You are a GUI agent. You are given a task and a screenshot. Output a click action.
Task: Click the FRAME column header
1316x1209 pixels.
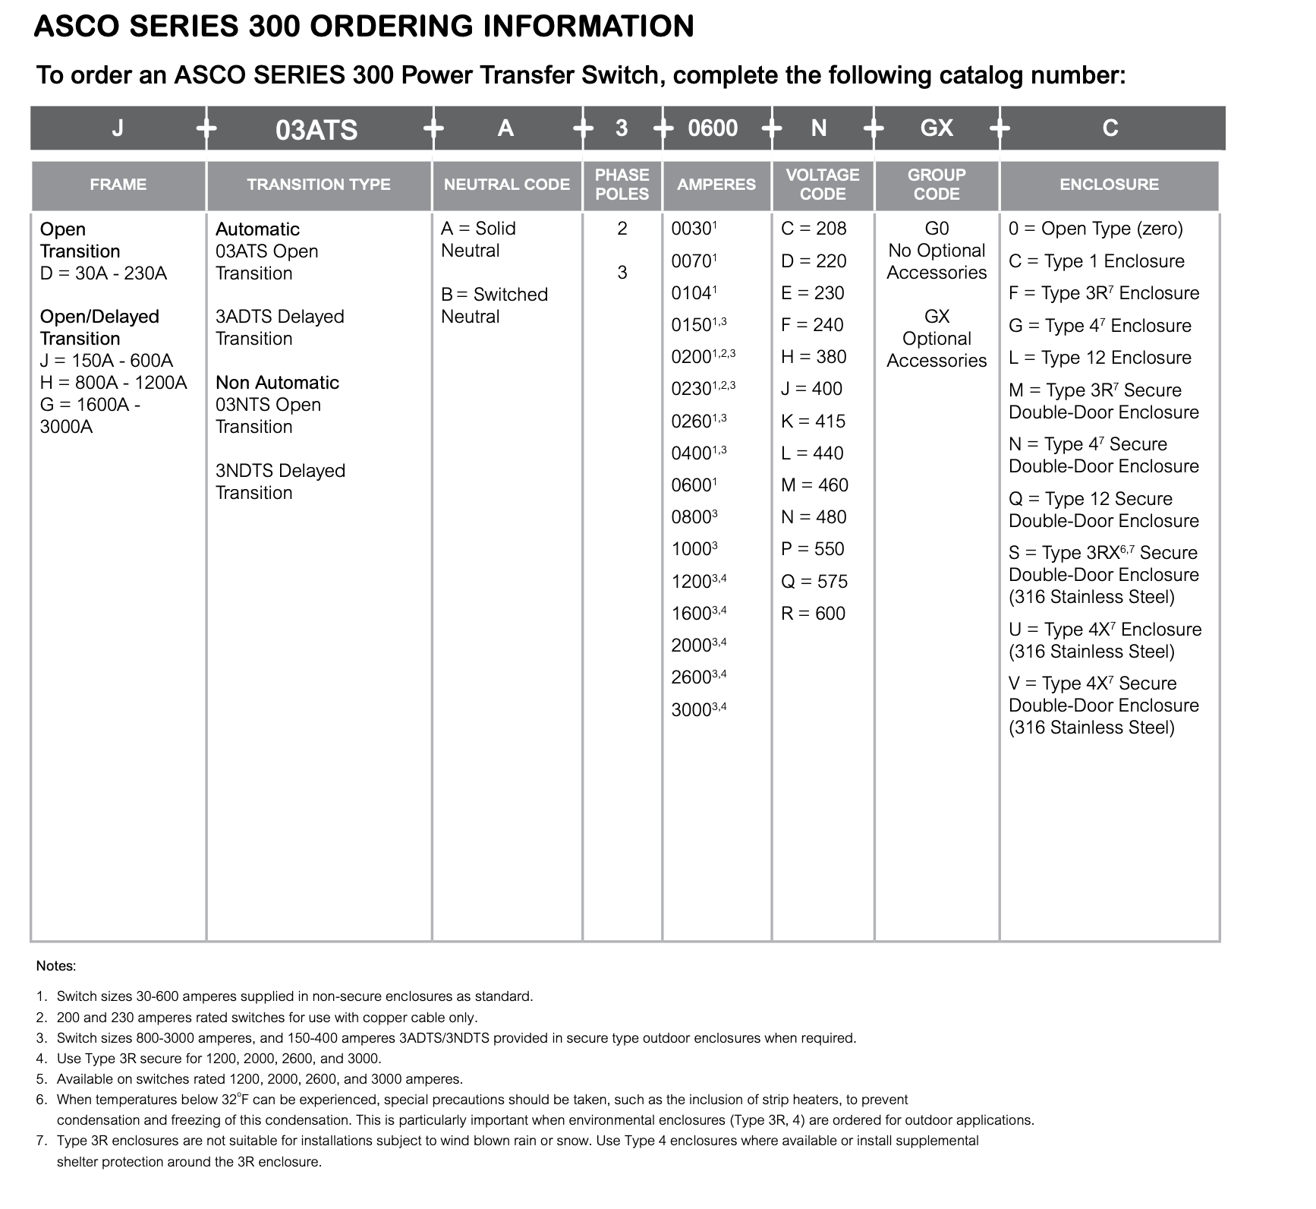pyautogui.click(x=118, y=185)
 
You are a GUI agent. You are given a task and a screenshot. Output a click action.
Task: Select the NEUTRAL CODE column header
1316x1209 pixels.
pyautogui.click(x=506, y=185)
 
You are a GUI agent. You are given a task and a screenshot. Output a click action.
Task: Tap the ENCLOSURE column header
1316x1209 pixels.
pyautogui.click(x=1109, y=185)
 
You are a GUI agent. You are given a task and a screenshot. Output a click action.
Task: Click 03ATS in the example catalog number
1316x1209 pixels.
pyautogui.click(x=316, y=129)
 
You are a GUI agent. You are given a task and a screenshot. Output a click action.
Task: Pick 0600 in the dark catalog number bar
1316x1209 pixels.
pyautogui.click(x=713, y=128)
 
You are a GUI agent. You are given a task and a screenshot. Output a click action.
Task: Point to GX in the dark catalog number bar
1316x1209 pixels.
pyautogui.click(x=937, y=128)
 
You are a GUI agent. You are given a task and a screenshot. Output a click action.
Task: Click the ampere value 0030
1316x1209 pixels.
pyautogui.click(x=691, y=229)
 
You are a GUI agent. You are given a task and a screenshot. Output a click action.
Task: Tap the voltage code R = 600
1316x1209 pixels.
pyautogui.click(x=813, y=614)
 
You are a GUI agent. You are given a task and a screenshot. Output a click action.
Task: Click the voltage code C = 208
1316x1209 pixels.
pyautogui.click(x=814, y=229)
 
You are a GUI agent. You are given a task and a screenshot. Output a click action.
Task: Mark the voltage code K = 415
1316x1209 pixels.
pyautogui.click(x=813, y=421)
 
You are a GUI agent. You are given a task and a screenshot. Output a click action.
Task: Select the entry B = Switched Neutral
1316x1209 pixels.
pyautogui.click(x=494, y=305)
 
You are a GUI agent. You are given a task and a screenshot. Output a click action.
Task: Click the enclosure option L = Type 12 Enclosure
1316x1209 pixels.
pyautogui.click(x=1100, y=358)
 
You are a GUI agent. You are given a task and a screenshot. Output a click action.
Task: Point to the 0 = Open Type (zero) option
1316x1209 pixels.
pyautogui.click(x=1095, y=229)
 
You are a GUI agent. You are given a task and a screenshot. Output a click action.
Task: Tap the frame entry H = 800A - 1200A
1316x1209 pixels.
pyautogui.click(x=113, y=383)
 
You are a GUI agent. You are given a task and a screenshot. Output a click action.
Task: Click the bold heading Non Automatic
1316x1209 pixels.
pyautogui.click(x=277, y=383)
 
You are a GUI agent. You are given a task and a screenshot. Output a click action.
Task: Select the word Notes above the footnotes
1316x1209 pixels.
pyautogui.click(x=56, y=966)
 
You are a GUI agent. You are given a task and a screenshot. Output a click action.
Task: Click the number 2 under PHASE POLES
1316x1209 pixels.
pyautogui.click(x=622, y=229)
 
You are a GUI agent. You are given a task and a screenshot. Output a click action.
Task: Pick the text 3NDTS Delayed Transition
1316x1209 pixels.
pyautogui.click(x=280, y=481)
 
